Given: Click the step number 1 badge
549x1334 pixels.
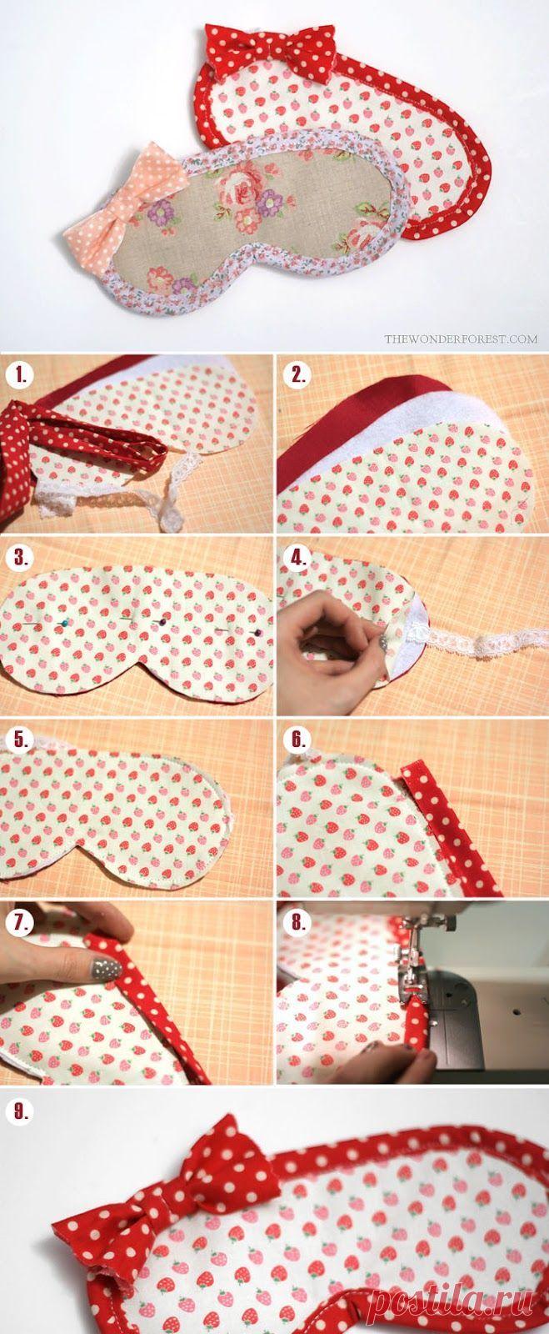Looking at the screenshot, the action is [x=22, y=376].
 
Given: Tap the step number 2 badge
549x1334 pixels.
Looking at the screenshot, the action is [x=297, y=376].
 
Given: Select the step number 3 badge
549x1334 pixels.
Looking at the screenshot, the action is [x=22, y=558].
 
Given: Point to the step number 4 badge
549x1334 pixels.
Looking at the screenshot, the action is [x=297, y=558].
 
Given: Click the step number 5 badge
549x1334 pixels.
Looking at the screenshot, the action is [x=22, y=740].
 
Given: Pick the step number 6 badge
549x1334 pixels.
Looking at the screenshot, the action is [x=297, y=740].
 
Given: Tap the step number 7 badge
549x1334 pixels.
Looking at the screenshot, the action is [x=22, y=922].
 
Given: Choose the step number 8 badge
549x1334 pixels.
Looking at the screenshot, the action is [x=297, y=922].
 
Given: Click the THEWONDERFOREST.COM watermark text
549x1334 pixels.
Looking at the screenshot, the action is [x=461, y=339].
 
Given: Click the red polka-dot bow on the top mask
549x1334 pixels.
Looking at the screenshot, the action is [x=271, y=47].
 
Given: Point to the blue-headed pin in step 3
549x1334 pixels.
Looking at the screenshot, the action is [x=63, y=622].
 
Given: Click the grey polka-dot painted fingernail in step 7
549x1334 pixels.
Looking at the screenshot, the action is [x=105, y=968].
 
